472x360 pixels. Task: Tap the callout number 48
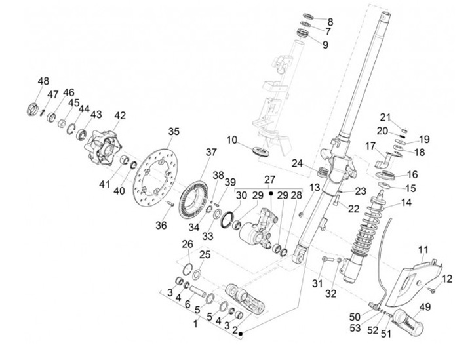click(x=43, y=81)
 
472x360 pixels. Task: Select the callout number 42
click(x=119, y=115)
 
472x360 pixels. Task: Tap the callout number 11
click(x=423, y=250)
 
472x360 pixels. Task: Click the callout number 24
click(x=298, y=163)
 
